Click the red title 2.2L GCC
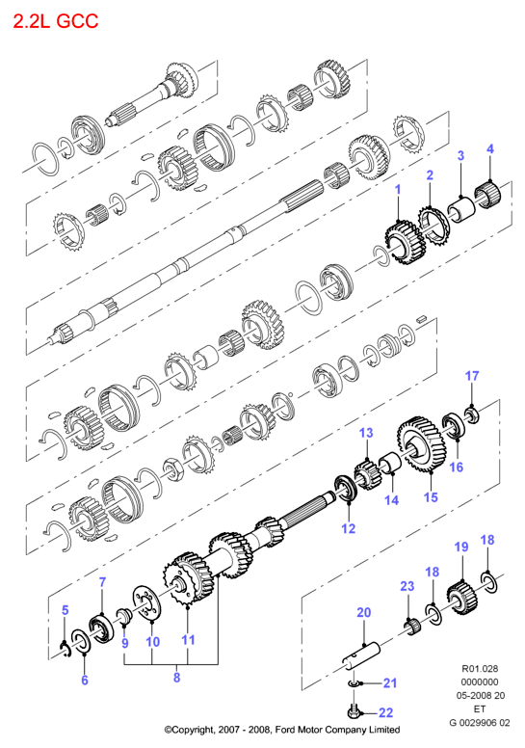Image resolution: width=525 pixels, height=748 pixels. [x=55, y=21]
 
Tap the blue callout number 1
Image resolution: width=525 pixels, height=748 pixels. [x=398, y=190]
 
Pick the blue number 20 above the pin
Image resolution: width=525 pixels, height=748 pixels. [x=363, y=612]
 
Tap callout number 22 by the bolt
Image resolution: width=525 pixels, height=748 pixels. [x=385, y=712]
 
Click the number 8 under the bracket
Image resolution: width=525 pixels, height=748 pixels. [x=177, y=678]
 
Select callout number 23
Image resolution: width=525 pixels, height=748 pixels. [x=407, y=586]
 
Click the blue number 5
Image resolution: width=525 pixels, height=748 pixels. [x=66, y=610]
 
